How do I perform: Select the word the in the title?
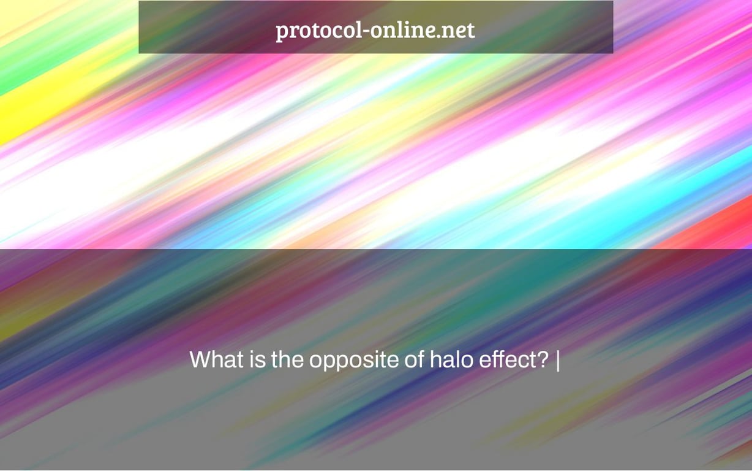tap(287, 359)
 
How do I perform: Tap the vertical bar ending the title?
tap(558, 361)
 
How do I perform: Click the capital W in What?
tap(203, 359)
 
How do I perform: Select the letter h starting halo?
tap(436, 359)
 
